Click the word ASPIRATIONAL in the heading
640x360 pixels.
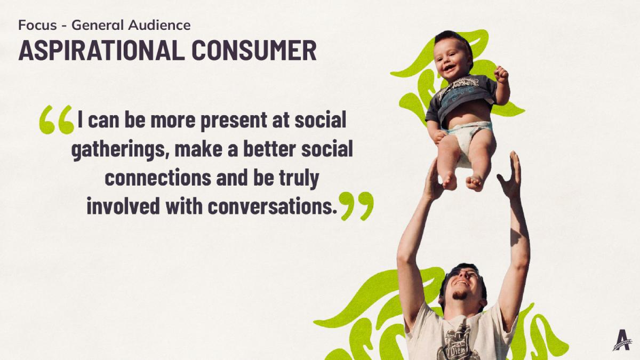tap(101, 50)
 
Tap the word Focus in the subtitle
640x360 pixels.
tap(37, 25)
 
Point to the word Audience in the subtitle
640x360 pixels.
tap(159, 25)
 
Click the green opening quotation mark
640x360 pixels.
tap(57, 119)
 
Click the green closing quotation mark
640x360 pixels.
tap(356, 206)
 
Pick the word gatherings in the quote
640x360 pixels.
tap(118, 150)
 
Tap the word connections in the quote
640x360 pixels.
tap(158, 178)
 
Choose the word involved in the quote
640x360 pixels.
tap(123, 206)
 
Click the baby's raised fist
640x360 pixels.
tap(501, 74)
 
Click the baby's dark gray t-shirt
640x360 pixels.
tap(461, 95)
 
